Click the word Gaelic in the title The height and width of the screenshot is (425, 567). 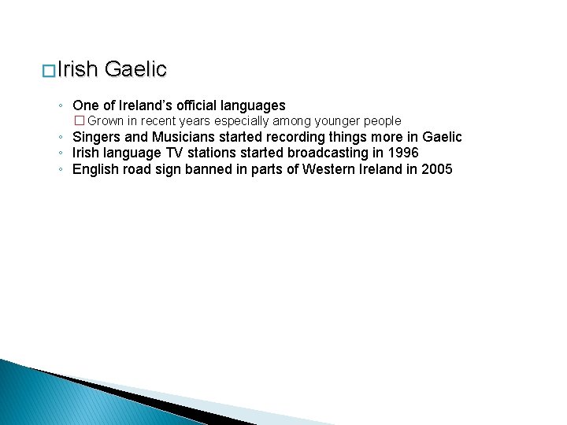135,70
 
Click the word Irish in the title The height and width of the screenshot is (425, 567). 77,70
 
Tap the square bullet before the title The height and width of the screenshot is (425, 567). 49,72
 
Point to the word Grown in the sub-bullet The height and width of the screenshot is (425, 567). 106,121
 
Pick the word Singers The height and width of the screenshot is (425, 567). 98,137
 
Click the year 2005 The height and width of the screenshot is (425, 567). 436,168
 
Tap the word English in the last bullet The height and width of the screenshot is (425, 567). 96,168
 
